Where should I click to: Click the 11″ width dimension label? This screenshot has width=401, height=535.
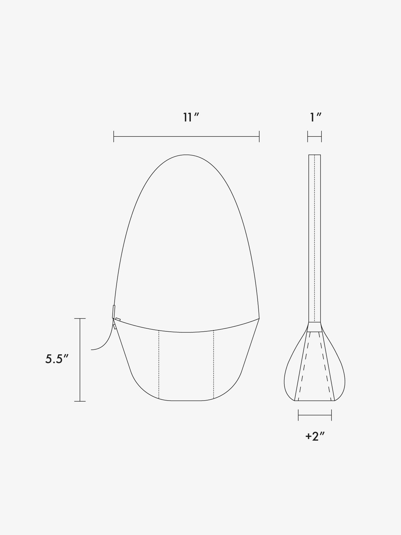(191, 117)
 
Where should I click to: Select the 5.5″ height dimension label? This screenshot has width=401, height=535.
(57, 359)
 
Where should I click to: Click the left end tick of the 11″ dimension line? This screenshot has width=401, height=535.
(114, 136)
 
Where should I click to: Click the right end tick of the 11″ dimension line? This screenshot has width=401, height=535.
(259, 136)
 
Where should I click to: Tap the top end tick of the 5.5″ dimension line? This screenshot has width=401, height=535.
(80, 319)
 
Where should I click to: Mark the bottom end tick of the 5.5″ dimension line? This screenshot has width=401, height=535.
(80, 401)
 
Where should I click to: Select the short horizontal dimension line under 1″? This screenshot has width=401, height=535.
(314, 136)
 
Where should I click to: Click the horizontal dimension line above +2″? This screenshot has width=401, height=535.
(315, 415)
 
